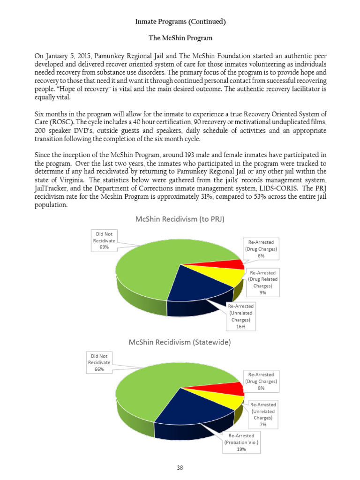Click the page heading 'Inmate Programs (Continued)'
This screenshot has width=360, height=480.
click(x=180, y=22)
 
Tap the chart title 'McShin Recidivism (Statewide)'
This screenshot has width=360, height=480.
click(x=180, y=343)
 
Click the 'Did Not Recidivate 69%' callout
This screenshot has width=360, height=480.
click(x=104, y=240)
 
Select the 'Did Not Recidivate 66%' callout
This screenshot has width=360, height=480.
click(x=99, y=362)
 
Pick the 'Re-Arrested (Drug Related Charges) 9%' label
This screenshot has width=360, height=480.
click(x=262, y=282)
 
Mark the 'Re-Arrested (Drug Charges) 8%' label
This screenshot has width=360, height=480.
click(x=261, y=381)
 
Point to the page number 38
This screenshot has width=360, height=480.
click(x=180, y=467)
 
